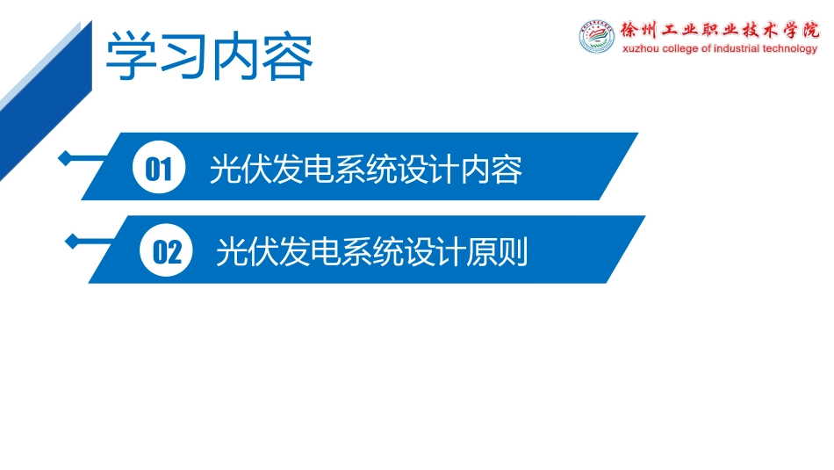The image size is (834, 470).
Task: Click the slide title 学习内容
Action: coord(209,57)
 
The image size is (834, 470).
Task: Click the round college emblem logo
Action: coord(597,38)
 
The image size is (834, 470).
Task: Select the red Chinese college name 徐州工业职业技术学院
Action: coord(718,29)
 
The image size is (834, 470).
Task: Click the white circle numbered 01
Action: coord(159,169)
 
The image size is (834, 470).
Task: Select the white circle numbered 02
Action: coord(167,253)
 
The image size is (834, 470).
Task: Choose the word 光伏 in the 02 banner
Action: coord(247,253)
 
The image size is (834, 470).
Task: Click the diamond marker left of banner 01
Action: coord(65,158)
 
